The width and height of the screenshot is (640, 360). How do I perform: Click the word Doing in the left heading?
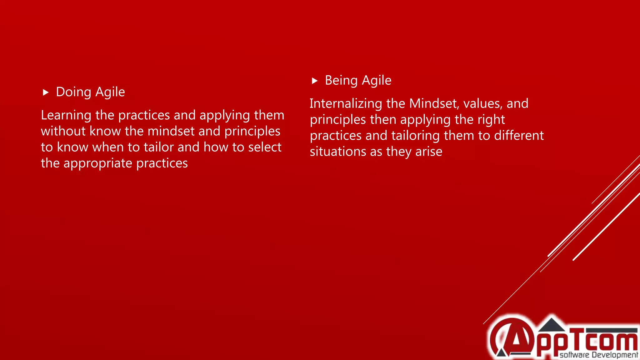[x=73, y=92]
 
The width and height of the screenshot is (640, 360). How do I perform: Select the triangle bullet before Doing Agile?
[x=46, y=92]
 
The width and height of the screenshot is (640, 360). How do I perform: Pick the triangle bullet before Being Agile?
[x=315, y=81]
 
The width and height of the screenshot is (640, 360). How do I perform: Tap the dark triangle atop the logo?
[x=552, y=325]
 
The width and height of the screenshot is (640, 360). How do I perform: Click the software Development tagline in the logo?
[x=598, y=355]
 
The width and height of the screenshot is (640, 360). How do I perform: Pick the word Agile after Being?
[x=377, y=81]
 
